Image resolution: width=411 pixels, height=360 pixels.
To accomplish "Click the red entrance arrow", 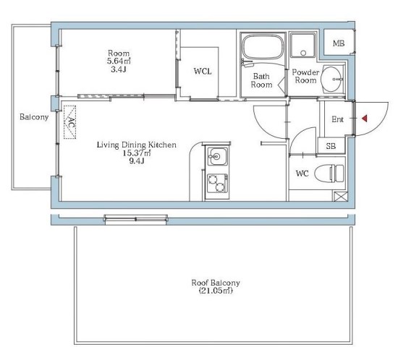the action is [x=365, y=119].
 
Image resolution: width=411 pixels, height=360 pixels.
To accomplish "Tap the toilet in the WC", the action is [x=329, y=173].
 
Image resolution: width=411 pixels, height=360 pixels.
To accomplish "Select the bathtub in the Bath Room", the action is [x=263, y=48].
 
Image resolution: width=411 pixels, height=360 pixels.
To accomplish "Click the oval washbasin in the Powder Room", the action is [x=332, y=79].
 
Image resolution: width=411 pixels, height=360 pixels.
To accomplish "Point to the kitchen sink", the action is [x=217, y=156].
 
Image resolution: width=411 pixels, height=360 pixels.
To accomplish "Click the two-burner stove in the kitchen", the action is [x=217, y=183].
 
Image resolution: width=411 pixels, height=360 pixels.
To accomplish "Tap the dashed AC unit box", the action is [x=69, y=122].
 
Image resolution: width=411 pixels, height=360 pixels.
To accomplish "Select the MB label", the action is [x=339, y=43].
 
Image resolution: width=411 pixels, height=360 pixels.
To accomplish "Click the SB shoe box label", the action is [x=331, y=146].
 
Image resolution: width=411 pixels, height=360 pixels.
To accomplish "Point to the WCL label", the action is [x=203, y=72].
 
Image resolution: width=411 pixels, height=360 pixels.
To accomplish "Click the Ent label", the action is [x=337, y=119].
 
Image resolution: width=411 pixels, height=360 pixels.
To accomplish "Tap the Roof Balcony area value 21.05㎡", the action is [x=216, y=291].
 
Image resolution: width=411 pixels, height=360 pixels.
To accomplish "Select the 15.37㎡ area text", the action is [x=137, y=153].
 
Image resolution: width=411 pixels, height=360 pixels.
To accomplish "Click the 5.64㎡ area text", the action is [x=119, y=61].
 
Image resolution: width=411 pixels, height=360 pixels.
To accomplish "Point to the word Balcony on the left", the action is [x=34, y=117].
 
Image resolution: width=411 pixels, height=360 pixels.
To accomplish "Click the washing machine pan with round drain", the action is [x=303, y=46].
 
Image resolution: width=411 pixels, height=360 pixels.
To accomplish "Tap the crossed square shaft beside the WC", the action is [x=341, y=197].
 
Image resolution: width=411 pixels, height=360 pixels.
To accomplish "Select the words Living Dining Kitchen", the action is [x=137, y=145].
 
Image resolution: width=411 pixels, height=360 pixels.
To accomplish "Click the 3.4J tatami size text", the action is [x=119, y=69].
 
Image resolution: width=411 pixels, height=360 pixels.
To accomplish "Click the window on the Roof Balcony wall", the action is [x=136, y=220].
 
